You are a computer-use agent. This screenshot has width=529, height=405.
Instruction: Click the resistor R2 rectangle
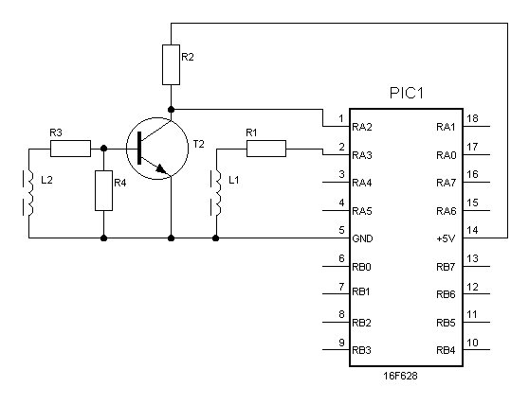tap(171, 64)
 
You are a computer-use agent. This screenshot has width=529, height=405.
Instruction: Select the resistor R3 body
tap(70, 149)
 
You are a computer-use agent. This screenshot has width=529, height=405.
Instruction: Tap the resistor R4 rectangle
tap(103, 190)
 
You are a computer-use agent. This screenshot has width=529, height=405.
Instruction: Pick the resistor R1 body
tap(266, 149)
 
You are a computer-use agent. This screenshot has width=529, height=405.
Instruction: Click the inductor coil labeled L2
tap(30, 193)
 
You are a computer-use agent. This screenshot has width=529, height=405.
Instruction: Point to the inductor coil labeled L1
tap(218, 193)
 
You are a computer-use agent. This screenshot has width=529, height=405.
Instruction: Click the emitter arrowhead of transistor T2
tap(162, 168)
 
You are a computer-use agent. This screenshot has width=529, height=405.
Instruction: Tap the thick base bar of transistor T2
tap(139, 149)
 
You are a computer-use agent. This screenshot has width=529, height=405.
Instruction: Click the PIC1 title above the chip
tap(406, 94)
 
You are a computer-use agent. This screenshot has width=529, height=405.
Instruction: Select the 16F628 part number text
tap(400, 376)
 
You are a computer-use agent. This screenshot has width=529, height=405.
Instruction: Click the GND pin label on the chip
tap(362, 238)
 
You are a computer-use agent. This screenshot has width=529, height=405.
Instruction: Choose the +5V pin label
tap(446, 238)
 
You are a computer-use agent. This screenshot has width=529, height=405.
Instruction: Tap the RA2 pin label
tap(361, 127)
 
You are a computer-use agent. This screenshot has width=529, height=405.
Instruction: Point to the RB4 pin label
tap(446, 350)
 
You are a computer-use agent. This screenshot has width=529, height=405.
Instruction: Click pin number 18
tap(472, 118)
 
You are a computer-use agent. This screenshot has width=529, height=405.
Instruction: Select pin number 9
tap(341, 343)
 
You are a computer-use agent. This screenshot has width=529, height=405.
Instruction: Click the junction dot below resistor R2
tap(171, 110)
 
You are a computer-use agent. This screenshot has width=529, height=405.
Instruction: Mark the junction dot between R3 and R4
tap(104, 149)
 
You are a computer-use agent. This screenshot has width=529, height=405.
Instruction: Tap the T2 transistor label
tap(199, 144)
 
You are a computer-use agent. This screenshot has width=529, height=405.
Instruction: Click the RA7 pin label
tap(446, 183)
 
